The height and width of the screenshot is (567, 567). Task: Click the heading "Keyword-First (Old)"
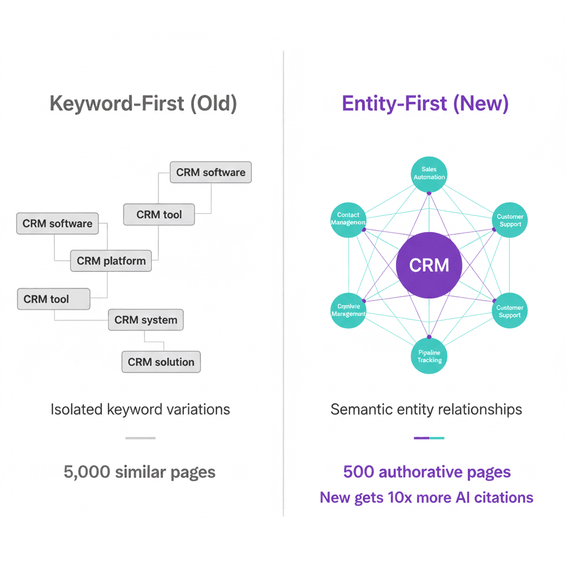tap(143, 104)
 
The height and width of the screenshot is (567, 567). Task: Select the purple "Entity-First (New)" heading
tap(425, 104)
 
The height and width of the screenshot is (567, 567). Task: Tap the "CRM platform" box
tap(111, 261)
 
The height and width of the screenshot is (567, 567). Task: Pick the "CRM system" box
tap(146, 320)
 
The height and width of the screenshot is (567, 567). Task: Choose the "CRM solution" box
tap(161, 362)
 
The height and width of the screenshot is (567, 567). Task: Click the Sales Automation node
tap(429, 173)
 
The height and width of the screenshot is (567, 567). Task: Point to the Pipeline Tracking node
tap(429, 356)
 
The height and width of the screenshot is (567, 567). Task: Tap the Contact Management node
tap(348, 219)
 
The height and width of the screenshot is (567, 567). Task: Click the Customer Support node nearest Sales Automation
tap(509, 220)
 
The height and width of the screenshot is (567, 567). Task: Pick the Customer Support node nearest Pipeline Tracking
tap(509, 311)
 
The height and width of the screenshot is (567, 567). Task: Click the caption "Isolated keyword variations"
tap(140, 410)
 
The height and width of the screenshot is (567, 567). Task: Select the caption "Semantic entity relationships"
tap(426, 410)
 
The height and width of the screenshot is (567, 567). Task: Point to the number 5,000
tap(87, 472)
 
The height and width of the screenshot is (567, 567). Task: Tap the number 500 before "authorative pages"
tap(357, 472)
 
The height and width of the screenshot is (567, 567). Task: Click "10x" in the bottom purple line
tap(394, 497)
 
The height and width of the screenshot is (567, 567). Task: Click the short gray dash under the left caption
tap(140, 438)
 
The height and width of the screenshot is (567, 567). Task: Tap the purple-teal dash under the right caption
tap(429, 438)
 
